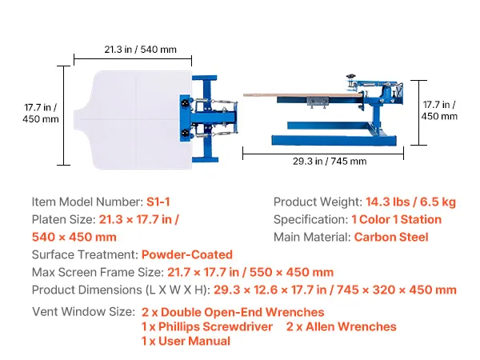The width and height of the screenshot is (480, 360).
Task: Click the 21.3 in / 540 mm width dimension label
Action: tap(140, 50)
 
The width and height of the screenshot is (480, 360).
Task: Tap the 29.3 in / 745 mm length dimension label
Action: tap(330, 161)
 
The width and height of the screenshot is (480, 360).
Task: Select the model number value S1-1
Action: tap(158, 202)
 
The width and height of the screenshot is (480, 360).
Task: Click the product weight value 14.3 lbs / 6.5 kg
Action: tap(411, 202)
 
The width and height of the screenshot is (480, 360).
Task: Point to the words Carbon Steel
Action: tap(391, 238)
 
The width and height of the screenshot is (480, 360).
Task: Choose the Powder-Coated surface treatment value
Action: tap(187, 254)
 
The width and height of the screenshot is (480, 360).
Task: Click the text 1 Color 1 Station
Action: tap(397, 219)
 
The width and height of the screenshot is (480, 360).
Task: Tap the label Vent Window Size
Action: tap(83, 312)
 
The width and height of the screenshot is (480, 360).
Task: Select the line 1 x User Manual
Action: tap(186, 341)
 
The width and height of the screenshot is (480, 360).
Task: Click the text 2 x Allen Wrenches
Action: tap(342, 326)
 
